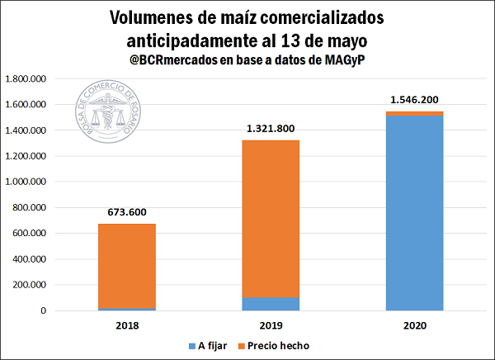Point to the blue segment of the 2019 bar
point(271,304)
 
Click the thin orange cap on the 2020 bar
point(414,113)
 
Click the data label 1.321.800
point(271,129)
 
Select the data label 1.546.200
point(414,100)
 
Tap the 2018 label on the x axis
point(127,325)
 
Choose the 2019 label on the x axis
point(271,325)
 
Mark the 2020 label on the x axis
point(414,325)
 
